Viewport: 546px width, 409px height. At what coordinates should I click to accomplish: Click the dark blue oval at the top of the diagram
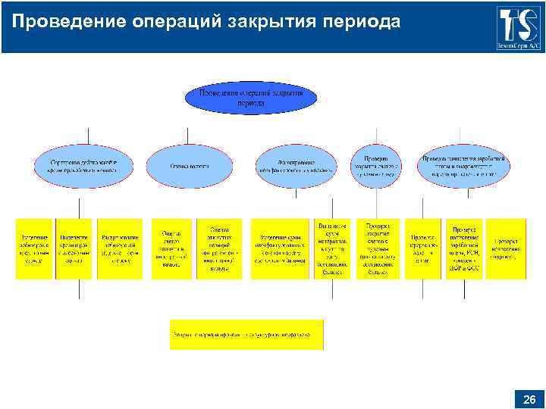pyautogui.click(x=250, y=97)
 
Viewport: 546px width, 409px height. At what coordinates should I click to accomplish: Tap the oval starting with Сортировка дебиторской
pyautogui.click(x=83, y=166)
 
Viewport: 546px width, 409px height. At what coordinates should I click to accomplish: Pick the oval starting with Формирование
pyautogui.click(x=296, y=165)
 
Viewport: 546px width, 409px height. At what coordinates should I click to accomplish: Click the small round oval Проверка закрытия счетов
pyautogui.click(x=375, y=165)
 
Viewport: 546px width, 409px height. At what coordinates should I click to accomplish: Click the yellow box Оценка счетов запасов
pyautogui.click(x=171, y=249)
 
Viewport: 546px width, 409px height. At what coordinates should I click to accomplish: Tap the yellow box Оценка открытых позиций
pyautogui.click(x=219, y=249)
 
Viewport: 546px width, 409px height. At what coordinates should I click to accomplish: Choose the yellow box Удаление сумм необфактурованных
pyautogui.click(x=279, y=249)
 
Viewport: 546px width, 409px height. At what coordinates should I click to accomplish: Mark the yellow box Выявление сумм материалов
pyautogui.click(x=332, y=249)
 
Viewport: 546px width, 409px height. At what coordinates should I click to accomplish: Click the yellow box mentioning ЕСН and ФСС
pyautogui.click(x=464, y=249)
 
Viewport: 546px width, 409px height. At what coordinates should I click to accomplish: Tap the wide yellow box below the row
pyautogui.click(x=246, y=334)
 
